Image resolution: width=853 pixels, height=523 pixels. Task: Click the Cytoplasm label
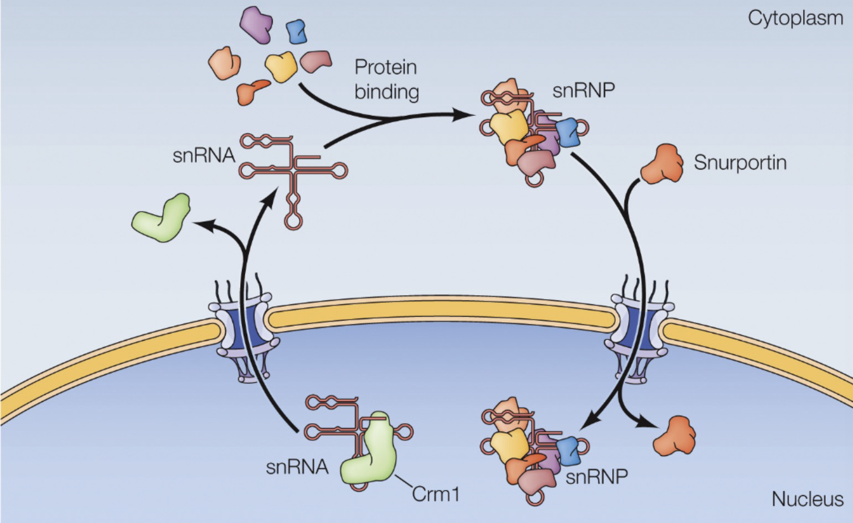795,18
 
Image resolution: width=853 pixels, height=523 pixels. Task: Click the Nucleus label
807,499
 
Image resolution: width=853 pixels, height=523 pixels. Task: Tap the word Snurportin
740,162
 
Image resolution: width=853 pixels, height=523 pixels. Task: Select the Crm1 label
435,494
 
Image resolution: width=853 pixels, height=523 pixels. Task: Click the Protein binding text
386,79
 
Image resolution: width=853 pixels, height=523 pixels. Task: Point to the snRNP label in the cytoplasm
583,90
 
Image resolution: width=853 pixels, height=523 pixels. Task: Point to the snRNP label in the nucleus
596,477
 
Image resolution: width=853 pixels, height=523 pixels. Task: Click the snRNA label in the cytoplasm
203,156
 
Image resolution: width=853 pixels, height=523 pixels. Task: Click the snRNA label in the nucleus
297,467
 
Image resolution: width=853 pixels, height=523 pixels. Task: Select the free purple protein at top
257,24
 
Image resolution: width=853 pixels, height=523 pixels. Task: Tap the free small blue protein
296,31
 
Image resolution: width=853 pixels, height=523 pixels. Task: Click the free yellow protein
281,66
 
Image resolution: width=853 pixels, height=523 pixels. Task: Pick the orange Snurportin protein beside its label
662,163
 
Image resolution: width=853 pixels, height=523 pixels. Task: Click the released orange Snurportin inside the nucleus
674,436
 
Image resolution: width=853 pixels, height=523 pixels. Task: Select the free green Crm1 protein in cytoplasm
162,218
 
